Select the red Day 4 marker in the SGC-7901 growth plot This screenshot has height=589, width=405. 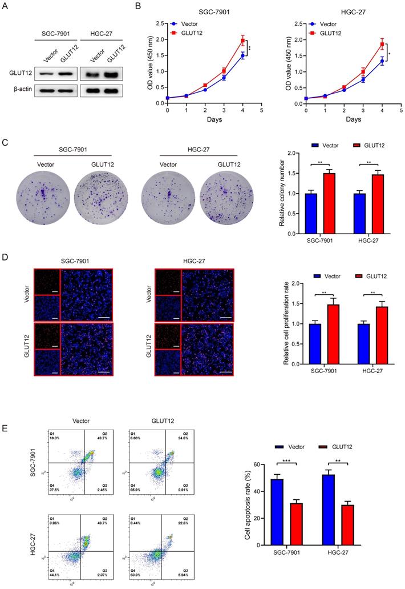pos(242,41)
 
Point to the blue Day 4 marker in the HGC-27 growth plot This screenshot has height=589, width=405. pos(382,61)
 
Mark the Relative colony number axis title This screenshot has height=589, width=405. pos(282,193)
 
